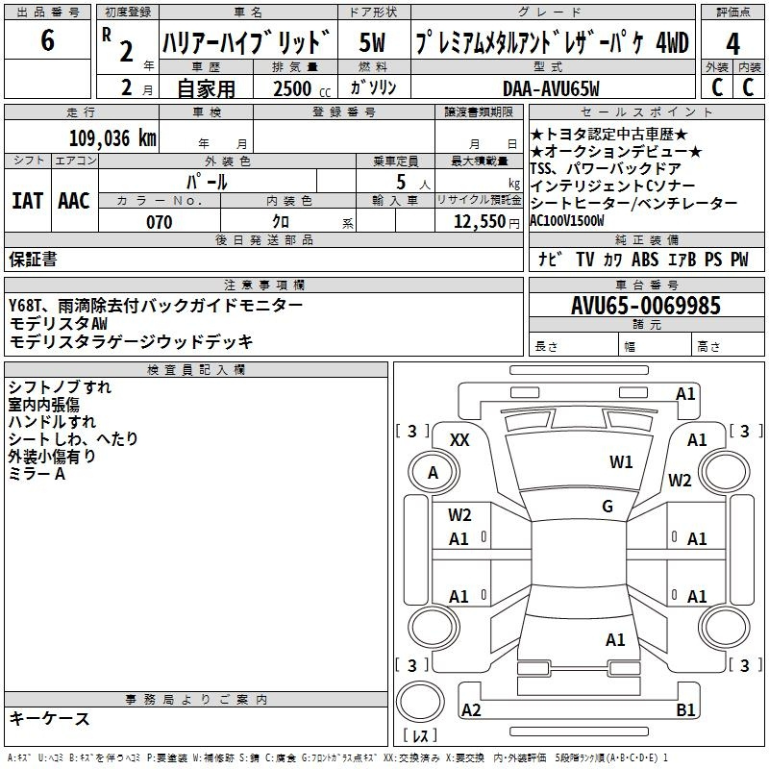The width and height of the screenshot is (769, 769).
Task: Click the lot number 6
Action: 48,42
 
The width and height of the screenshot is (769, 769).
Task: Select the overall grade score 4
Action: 733,43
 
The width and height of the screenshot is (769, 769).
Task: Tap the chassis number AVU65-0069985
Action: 646,306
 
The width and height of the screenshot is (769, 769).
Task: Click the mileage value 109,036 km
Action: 112,137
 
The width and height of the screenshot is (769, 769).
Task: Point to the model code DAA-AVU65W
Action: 551,88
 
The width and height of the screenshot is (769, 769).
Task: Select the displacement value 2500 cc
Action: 298,88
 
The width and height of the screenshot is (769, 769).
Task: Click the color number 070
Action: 159,222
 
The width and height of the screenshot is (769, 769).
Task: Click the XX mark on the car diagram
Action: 460,439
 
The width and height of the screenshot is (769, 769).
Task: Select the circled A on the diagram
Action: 433,473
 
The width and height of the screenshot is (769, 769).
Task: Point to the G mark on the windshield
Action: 608,507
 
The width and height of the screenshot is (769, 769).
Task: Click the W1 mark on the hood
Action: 621,462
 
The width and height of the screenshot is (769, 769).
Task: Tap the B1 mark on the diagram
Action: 686,710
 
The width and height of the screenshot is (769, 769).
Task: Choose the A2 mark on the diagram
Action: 471,710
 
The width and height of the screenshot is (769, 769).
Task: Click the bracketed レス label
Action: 420,736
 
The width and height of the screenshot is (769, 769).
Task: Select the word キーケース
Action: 50,718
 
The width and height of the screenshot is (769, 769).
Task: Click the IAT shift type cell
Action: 28,201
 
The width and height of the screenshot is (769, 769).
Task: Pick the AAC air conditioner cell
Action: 74,201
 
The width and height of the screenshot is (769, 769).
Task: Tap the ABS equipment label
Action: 645,259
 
